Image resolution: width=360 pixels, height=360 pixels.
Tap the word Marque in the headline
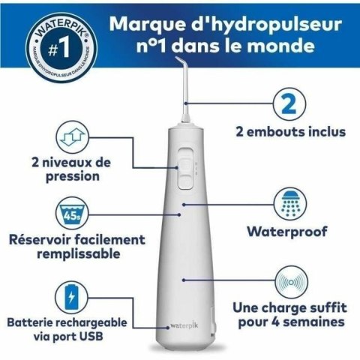144,22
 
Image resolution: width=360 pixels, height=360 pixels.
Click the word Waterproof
289,231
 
